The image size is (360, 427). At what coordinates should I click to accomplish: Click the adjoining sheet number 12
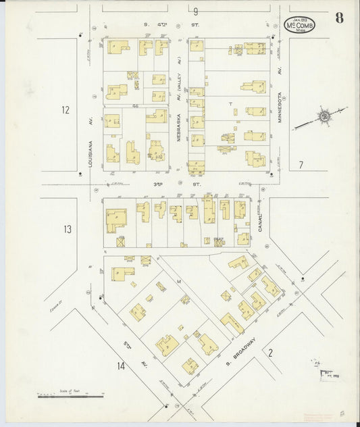(65, 109)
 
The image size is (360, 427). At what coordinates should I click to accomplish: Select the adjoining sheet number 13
(67, 230)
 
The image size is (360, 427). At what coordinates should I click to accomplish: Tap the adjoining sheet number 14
(120, 366)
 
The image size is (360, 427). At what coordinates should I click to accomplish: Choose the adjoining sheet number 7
(302, 164)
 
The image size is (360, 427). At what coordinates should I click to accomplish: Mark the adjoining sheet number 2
(270, 352)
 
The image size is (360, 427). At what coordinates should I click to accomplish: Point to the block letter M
(179, 280)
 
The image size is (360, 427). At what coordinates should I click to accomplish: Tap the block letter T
(230, 104)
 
